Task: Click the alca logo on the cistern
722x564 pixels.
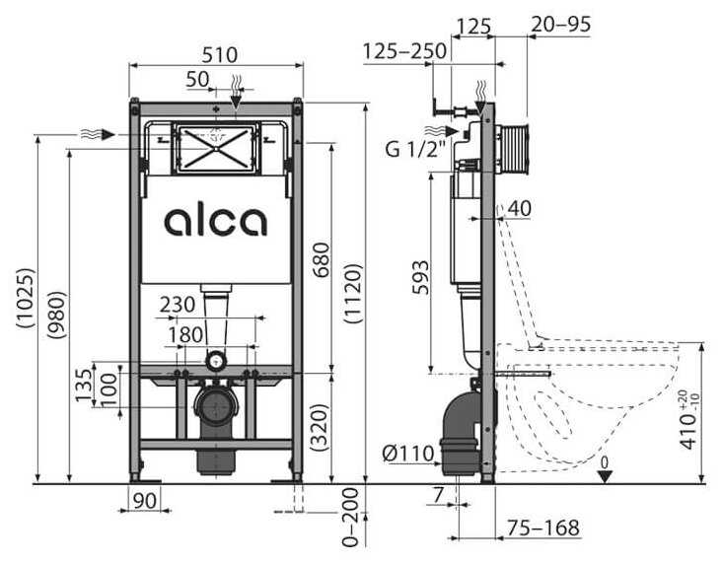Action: [215, 221]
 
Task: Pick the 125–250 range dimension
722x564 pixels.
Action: [403, 50]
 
